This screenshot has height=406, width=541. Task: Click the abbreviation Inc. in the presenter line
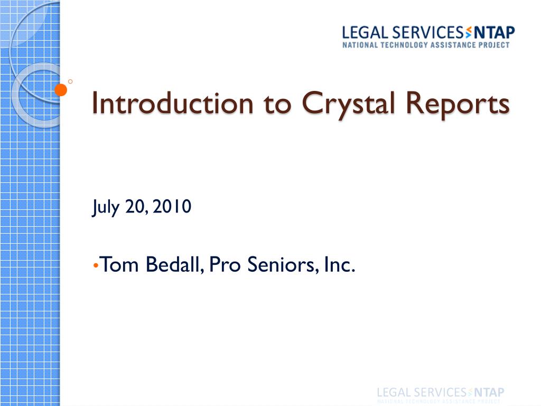click(x=339, y=264)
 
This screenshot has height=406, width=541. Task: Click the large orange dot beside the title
click(x=61, y=90)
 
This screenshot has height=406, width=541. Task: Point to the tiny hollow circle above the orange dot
click(x=70, y=81)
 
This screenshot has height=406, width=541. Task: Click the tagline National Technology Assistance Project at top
click(x=426, y=45)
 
